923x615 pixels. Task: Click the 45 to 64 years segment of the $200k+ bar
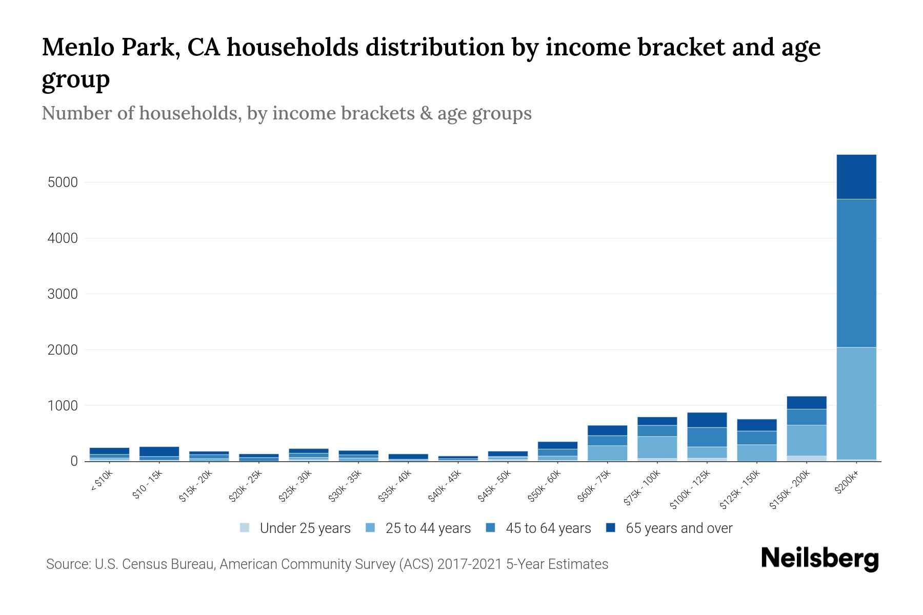point(856,273)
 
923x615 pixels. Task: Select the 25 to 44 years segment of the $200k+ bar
point(856,403)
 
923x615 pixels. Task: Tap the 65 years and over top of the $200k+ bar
point(856,176)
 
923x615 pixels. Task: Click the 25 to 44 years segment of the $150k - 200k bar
point(806,440)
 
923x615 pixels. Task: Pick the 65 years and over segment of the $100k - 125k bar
point(707,420)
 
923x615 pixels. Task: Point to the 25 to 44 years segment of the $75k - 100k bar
point(657,447)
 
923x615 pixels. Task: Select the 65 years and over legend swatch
point(611,528)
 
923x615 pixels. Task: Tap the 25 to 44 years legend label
point(428,528)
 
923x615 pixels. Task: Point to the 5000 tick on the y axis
point(63,182)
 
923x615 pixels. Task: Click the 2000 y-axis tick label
point(63,350)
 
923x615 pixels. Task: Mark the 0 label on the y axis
point(74,461)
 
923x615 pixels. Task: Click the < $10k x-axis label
point(102,481)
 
